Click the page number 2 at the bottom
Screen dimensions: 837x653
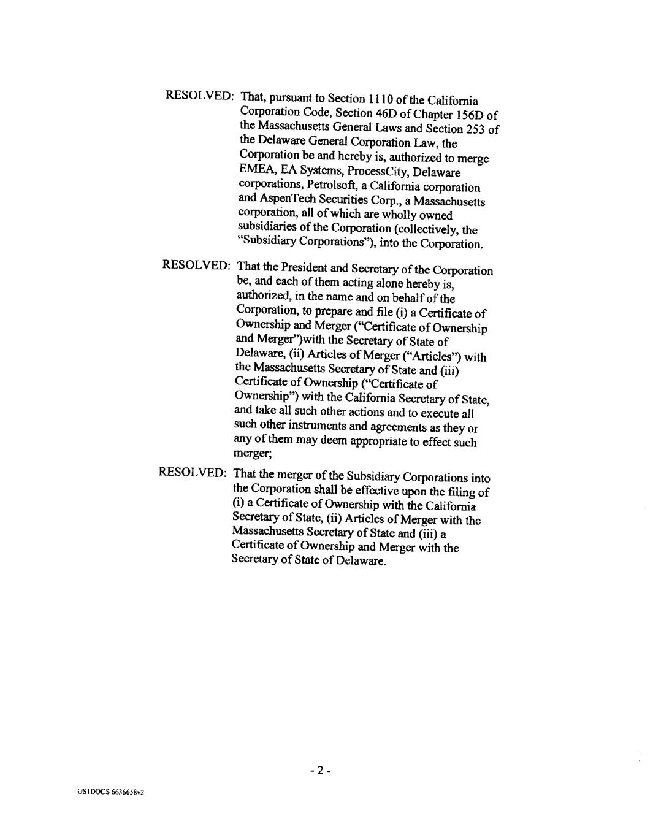click(x=321, y=770)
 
